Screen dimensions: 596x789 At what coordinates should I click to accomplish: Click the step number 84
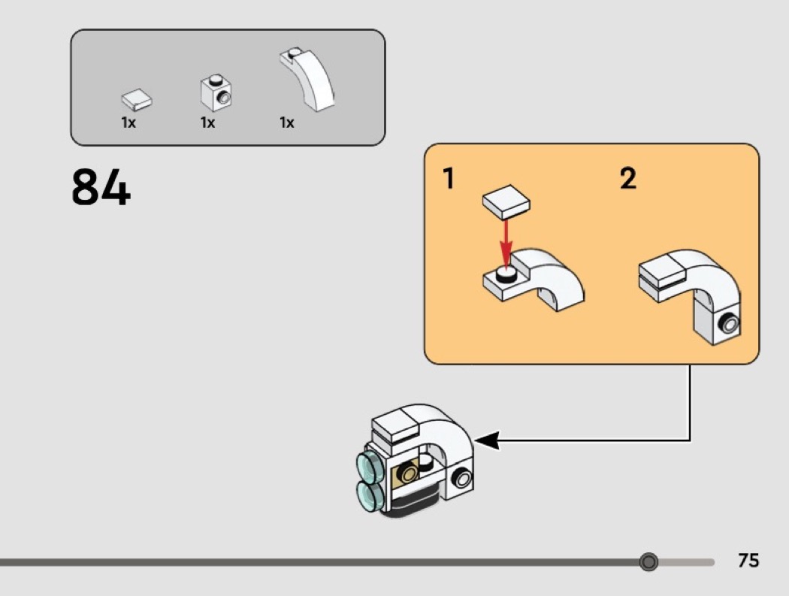point(101,188)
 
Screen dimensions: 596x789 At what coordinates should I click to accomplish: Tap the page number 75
point(748,561)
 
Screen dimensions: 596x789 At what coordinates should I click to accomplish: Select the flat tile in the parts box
point(136,98)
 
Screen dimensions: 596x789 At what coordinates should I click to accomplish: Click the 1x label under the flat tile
point(128,123)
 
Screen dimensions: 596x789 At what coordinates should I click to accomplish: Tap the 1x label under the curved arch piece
point(287,123)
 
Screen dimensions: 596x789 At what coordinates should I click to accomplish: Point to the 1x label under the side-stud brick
point(207,123)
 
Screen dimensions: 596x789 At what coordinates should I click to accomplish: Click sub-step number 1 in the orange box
point(449,179)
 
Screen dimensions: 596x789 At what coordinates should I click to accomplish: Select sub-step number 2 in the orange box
point(627,179)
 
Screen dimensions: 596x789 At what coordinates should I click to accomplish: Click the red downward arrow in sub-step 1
point(506,241)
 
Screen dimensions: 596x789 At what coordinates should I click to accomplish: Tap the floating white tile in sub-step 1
point(505,202)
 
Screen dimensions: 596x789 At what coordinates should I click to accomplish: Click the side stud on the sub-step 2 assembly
point(728,325)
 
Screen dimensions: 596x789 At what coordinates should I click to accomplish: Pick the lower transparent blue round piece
point(370,496)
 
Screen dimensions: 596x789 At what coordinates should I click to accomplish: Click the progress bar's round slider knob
point(648,561)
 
